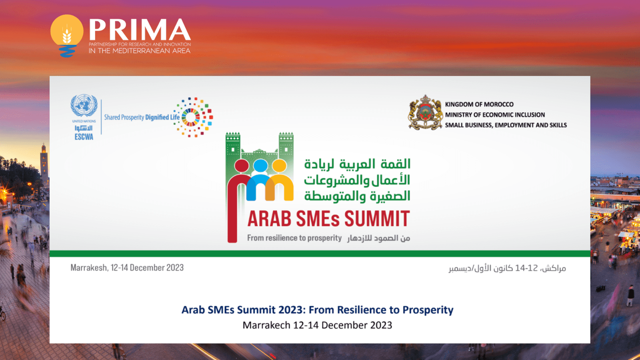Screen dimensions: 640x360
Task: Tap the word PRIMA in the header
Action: pos(140,29)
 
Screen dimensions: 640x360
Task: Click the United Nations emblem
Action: pos(84,106)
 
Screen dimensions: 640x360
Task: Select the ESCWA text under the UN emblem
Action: pos(84,137)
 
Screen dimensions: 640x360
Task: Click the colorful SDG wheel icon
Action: pos(193,117)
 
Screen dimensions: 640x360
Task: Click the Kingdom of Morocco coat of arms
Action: pos(426,112)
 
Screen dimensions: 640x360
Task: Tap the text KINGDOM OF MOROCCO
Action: pos(479,104)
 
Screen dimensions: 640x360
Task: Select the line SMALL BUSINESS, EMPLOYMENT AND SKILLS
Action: pos(506,125)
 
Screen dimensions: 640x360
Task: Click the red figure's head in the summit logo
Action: pos(242,166)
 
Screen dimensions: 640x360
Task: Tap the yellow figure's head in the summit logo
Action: pos(279,166)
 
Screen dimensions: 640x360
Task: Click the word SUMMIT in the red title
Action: pos(377,218)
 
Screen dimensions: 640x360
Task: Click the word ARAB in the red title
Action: pos(269,218)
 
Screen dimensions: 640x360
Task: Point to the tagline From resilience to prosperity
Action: pos(294,238)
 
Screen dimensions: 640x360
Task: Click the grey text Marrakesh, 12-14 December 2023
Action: pos(127,268)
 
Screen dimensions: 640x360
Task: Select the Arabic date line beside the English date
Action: pos(507,268)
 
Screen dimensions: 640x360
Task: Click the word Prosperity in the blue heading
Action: pos(428,310)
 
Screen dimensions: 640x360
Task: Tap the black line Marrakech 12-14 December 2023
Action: pos(318,325)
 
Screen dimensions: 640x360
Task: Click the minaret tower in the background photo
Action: pos(44,163)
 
